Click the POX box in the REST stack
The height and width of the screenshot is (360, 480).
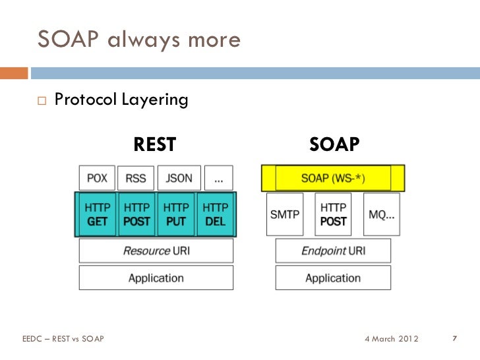click(97, 178)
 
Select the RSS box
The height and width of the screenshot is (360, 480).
click(136, 178)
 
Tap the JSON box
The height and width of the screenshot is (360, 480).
click(179, 178)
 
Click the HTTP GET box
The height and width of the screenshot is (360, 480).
click(97, 214)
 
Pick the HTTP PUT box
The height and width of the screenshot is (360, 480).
click(176, 214)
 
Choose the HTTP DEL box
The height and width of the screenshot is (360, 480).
click(216, 214)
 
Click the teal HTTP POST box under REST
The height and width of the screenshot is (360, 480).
click(136, 214)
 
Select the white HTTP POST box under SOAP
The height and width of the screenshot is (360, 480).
click(333, 214)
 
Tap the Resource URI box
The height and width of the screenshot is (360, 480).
click(156, 251)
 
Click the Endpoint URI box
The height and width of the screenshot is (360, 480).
click(333, 251)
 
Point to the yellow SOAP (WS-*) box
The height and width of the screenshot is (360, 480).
click(333, 178)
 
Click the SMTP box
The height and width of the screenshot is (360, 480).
click(285, 214)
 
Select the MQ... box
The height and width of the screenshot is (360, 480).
click(381, 214)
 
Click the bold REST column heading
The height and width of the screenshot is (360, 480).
click(155, 144)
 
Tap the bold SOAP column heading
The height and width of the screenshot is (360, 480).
click(334, 144)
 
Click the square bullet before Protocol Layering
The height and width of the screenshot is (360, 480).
click(42, 101)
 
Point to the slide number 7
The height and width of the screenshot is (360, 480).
click(454, 339)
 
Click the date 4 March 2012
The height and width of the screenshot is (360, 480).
click(390, 339)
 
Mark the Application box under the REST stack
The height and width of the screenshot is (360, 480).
click(156, 278)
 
